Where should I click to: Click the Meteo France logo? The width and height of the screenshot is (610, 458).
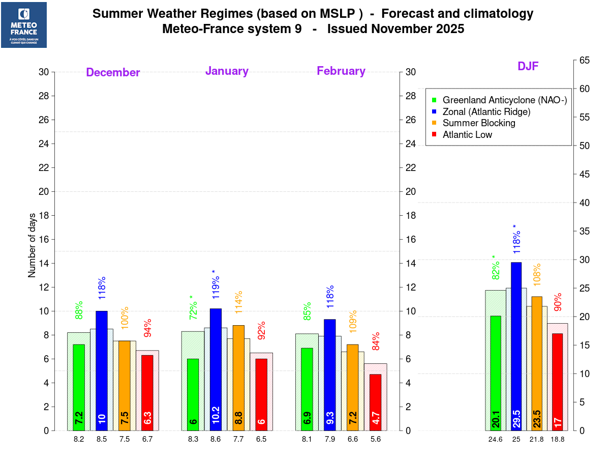[24, 25]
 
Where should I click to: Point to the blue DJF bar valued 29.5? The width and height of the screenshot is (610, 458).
[516, 346]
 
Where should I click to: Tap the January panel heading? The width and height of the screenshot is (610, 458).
[227, 71]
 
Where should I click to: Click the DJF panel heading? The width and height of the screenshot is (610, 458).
[528, 66]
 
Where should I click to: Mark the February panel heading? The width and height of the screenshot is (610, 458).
[341, 71]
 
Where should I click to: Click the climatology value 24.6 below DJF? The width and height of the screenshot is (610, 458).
[496, 439]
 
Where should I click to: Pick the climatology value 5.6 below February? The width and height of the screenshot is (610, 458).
[376, 439]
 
